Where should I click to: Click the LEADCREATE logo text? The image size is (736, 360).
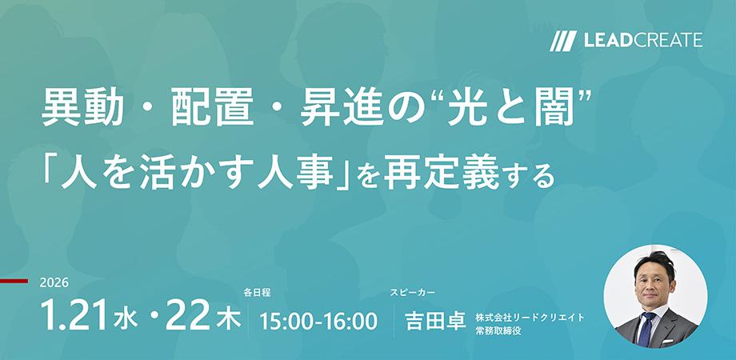(641, 40)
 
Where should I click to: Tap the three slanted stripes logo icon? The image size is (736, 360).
(563, 41)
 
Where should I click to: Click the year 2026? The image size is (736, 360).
(54, 283)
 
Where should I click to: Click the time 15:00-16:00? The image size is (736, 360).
(318, 321)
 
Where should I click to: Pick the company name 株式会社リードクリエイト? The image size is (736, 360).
(530, 317)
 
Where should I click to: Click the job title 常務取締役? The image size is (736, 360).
(498, 330)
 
